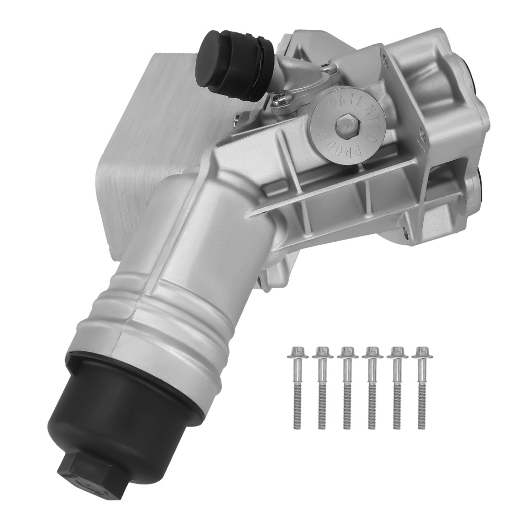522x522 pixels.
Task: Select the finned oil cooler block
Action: [x=130, y=130]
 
